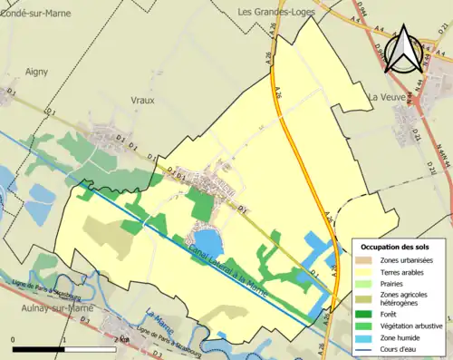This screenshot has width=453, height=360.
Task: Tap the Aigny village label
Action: click(36, 70)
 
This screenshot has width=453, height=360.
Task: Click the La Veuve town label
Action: click(385, 95)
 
